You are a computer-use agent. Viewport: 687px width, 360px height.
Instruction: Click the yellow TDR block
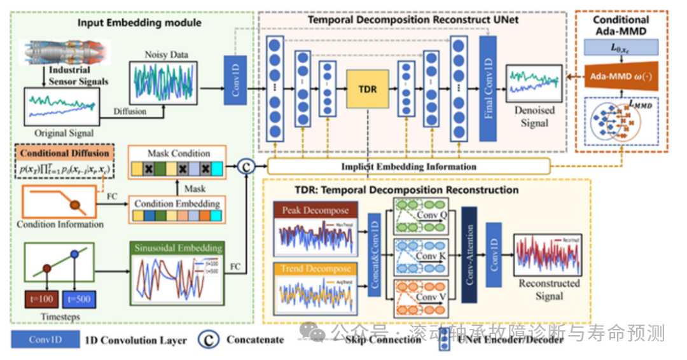tap(368, 89)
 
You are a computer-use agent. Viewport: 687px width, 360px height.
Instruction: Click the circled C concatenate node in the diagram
tap(246, 166)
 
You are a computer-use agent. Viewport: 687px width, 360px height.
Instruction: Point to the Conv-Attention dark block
tap(470, 254)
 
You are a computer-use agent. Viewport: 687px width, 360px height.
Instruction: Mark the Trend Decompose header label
tap(316, 269)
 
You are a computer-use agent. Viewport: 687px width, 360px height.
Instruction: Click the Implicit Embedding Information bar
tap(408, 167)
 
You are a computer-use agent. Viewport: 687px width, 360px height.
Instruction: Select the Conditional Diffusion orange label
tap(63, 154)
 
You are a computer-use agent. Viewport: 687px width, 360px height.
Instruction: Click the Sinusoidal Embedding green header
tap(177, 248)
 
